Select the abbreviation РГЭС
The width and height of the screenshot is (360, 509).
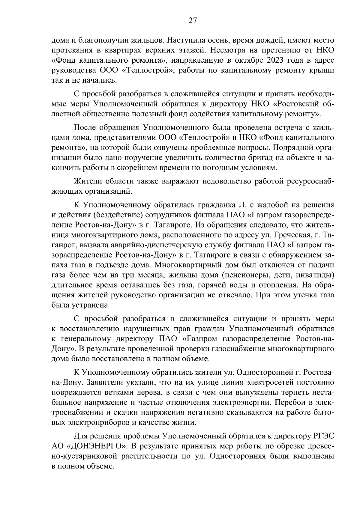(x=322, y=436)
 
